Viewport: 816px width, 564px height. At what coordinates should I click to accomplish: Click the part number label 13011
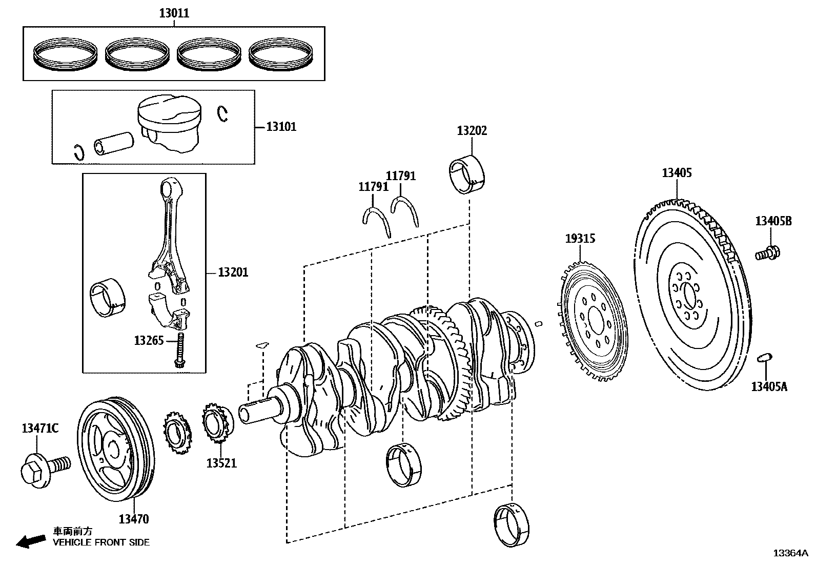pos(174,13)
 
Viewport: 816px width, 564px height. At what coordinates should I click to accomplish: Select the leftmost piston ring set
pos(65,53)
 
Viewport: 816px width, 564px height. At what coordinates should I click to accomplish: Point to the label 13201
pos(233,273)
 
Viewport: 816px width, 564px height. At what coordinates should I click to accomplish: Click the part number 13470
pos(134,519)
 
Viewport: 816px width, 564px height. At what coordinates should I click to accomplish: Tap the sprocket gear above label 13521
pos(216,425)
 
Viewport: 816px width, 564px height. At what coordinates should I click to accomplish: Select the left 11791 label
pos(373,187)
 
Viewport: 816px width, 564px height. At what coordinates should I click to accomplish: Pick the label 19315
pos(580,239)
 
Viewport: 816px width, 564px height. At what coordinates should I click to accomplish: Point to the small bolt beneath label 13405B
pos(767,253)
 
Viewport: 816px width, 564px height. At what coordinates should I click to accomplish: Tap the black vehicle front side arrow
pos(30,541)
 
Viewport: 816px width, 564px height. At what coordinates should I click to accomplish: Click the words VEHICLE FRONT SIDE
pos(101,542)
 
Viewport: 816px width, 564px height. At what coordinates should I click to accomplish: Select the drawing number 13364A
pos(790,553)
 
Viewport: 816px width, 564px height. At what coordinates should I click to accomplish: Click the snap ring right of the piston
pos(222,114)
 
